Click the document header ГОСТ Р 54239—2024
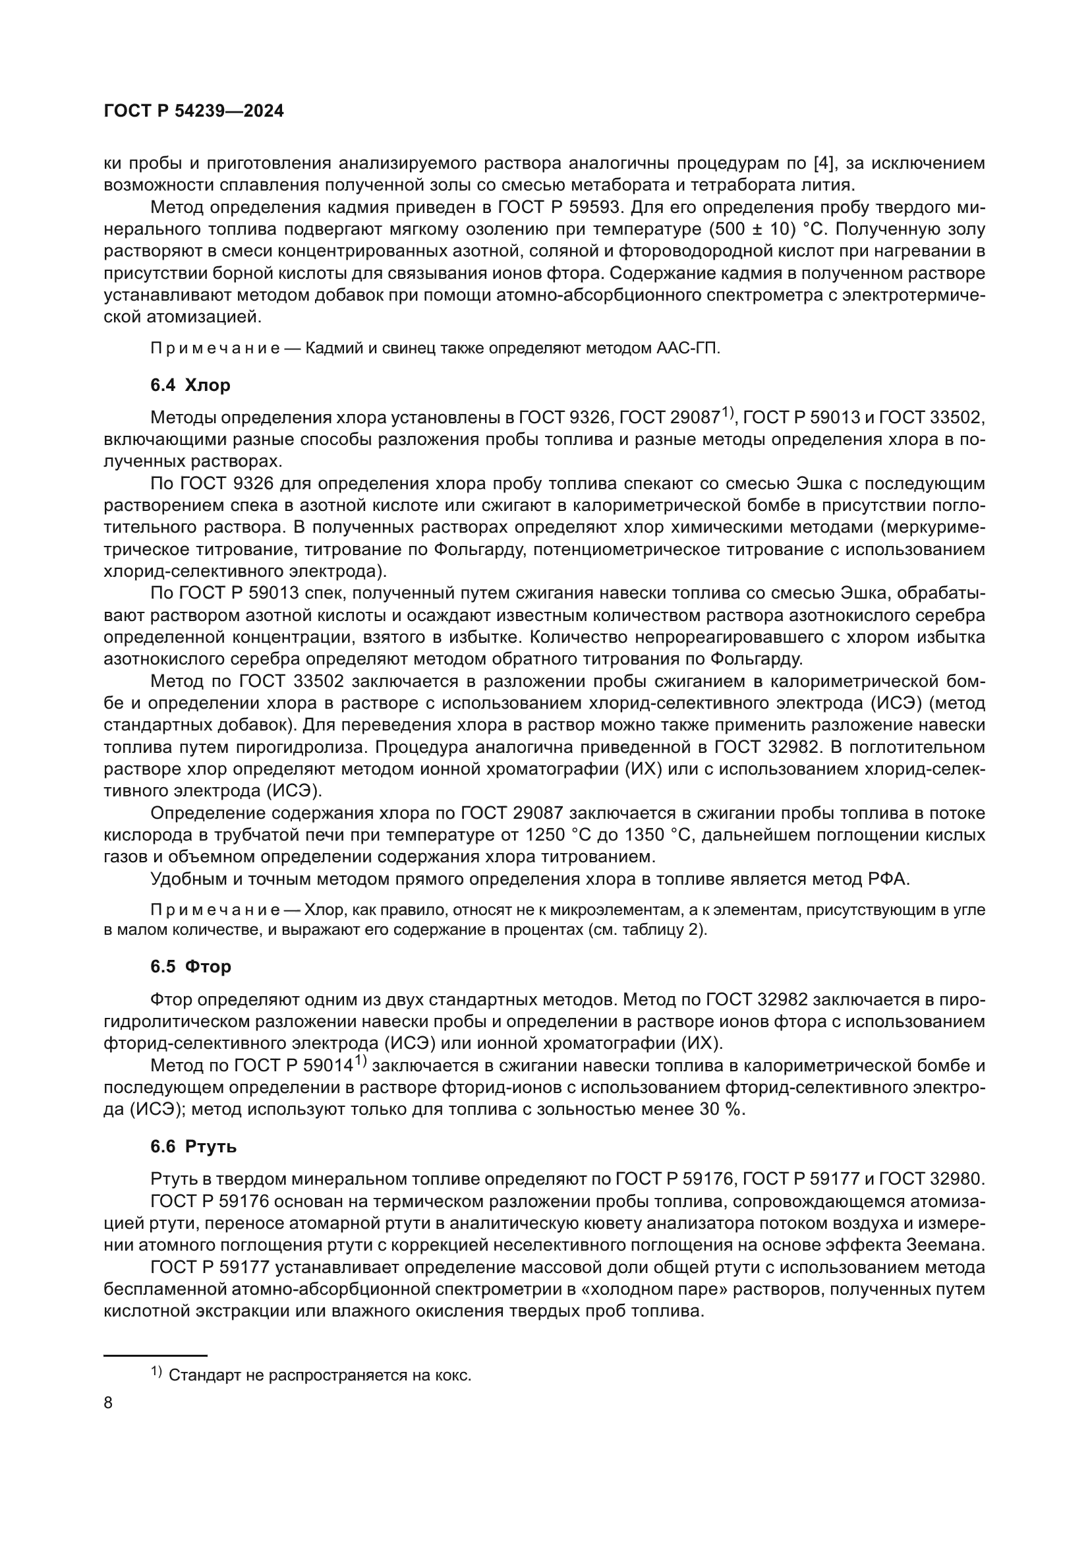[x=193, y=111]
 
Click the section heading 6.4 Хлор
[x=190, y=386]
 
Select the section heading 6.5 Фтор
[x=190, y=966]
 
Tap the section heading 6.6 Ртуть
[x=193, y=1146]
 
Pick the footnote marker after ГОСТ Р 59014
[x=360, y=1061]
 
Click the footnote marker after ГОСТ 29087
[x=729, y=413]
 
